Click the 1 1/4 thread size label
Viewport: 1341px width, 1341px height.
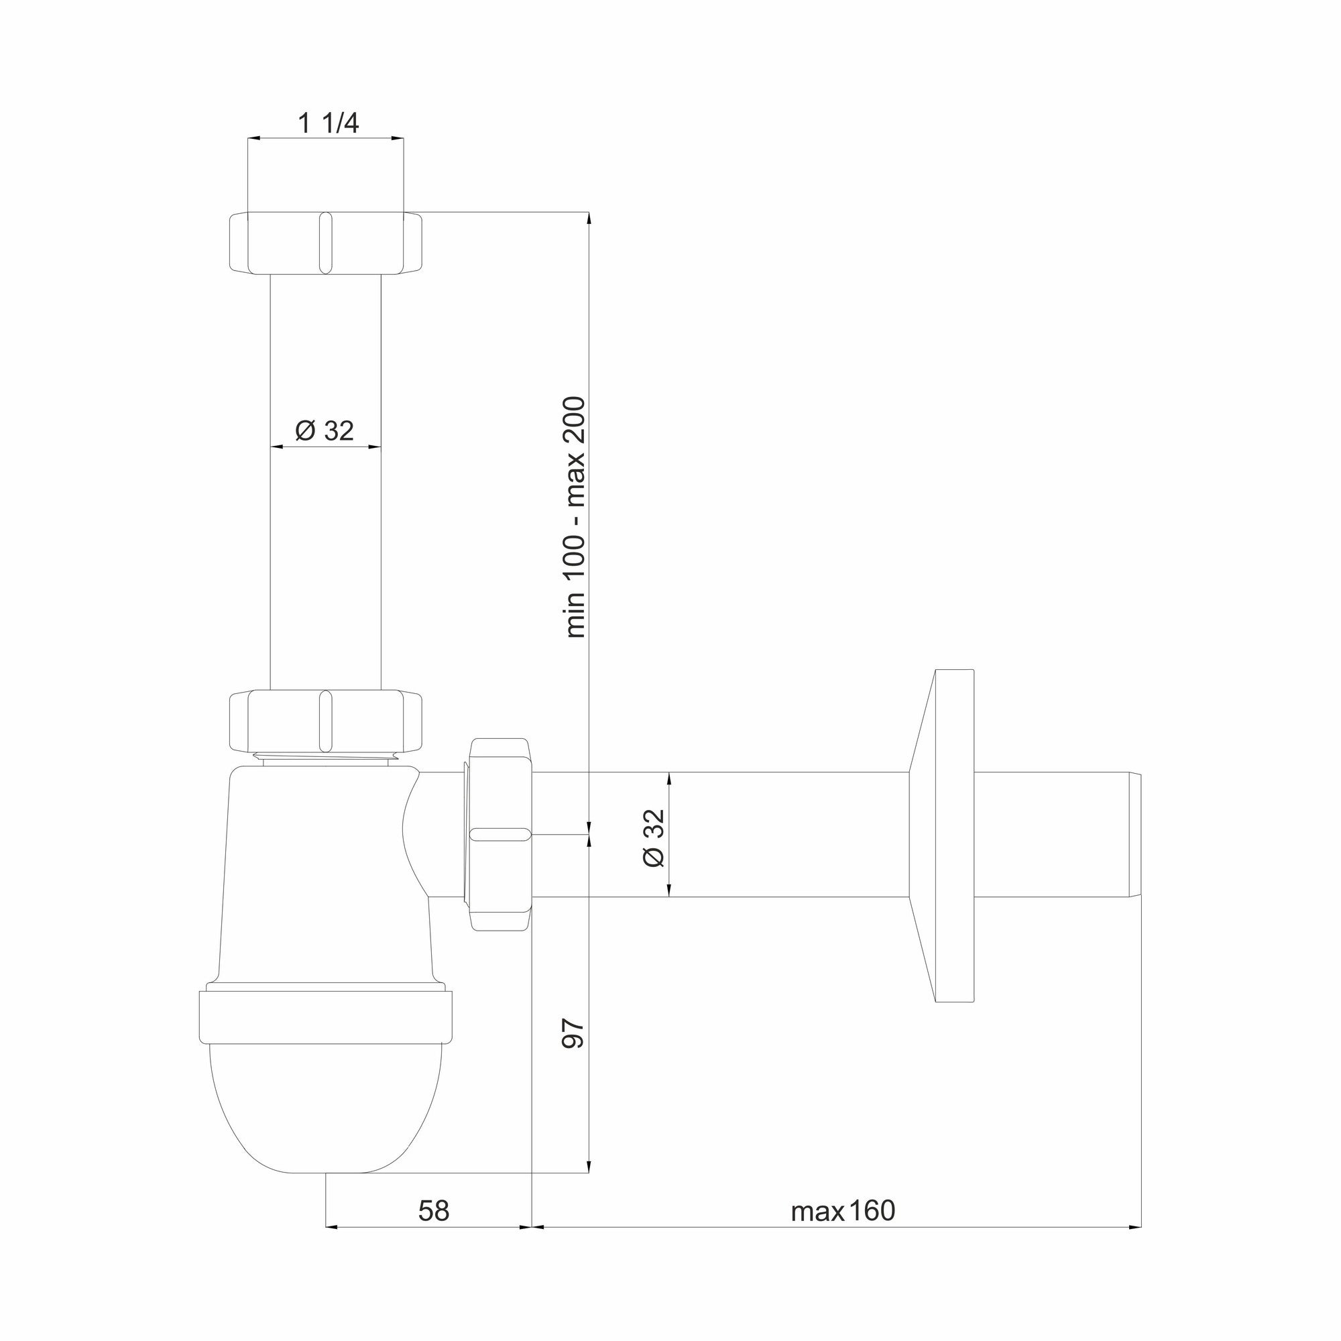329,123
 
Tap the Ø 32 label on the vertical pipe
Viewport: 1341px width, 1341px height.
324,431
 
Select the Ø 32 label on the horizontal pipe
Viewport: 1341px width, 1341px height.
654,837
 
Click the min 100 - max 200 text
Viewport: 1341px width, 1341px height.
575,517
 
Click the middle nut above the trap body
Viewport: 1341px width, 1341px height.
326,721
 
